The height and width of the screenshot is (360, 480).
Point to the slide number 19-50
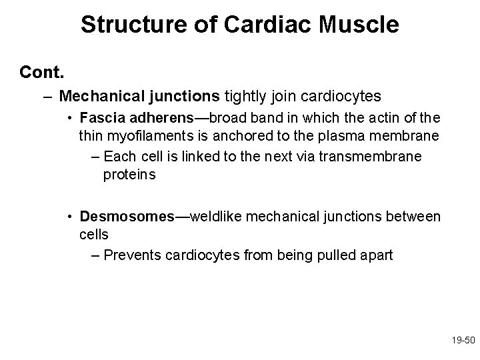pos(461,339)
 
